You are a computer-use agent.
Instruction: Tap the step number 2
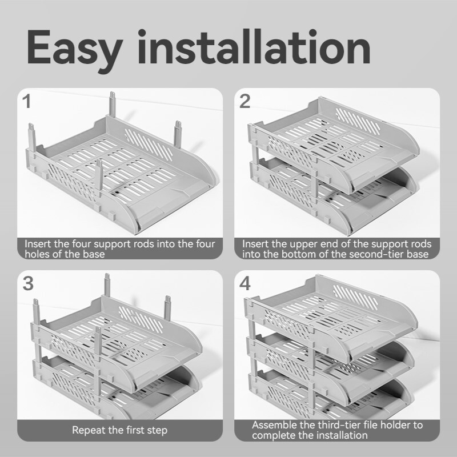pos(245,102)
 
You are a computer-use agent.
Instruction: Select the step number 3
pos(27,283)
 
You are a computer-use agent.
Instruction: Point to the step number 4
pos(245,283)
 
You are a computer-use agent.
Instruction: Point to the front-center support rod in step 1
pos(100,177)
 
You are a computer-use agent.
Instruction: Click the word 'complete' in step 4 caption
pos(272,435)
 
